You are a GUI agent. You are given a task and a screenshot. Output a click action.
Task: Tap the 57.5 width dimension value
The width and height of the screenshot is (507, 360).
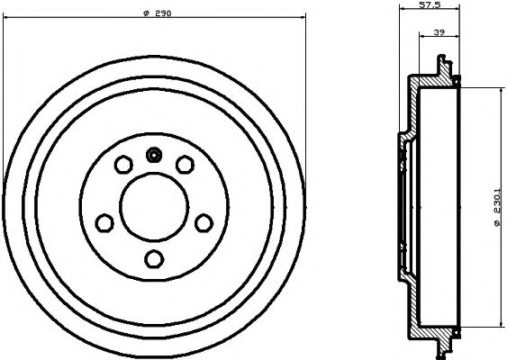429,5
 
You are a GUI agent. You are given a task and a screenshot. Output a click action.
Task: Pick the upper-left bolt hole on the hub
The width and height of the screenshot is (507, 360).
123,165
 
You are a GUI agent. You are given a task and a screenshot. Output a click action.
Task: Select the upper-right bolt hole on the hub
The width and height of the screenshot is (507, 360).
185,165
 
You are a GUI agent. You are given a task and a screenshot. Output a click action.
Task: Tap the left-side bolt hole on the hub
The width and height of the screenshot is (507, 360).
104,222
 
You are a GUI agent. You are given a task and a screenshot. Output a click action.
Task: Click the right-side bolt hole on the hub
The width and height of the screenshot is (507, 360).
204,222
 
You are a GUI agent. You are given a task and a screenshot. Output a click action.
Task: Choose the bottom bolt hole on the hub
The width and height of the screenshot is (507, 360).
154,259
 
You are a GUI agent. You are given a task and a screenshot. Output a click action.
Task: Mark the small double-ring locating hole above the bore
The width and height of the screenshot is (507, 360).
154,155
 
